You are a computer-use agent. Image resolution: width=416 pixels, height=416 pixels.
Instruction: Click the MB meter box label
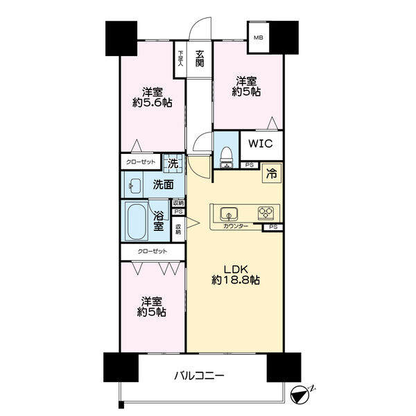(258, 37)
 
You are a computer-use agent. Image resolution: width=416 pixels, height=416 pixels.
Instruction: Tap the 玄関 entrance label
(200, 58)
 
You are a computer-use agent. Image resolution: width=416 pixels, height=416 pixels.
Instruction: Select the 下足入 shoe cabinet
(180, 60)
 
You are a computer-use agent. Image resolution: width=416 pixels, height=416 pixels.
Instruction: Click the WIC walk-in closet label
(260, 144)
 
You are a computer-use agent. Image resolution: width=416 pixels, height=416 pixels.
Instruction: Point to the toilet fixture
(227, 157)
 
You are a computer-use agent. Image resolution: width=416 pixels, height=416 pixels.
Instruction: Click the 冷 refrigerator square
(271, 173)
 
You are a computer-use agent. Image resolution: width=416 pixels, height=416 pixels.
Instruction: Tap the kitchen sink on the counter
(229, 214)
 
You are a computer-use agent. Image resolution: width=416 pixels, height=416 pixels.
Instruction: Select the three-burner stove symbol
(266, 213)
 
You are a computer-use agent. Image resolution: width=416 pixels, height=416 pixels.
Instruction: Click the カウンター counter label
(236, 226)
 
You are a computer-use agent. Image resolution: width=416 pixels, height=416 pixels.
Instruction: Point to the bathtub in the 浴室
(136, 220)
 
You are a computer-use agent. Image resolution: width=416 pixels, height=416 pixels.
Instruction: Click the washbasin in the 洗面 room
(135, 186)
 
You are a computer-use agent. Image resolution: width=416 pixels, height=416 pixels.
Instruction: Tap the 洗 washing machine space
(173, 164)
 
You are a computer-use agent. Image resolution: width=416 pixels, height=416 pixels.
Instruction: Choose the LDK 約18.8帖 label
(236, 275)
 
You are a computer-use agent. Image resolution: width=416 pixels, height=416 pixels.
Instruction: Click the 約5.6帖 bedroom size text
(153, 103)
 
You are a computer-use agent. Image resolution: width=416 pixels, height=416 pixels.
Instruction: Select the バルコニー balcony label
(199, 375)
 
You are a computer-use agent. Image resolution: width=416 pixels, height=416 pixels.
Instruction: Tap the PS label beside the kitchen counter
(273, 227)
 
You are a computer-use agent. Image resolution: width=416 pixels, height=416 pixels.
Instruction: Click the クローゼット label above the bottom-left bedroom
(153, 251)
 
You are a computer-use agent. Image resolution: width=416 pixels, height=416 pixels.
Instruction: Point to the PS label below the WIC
(250, 165)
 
